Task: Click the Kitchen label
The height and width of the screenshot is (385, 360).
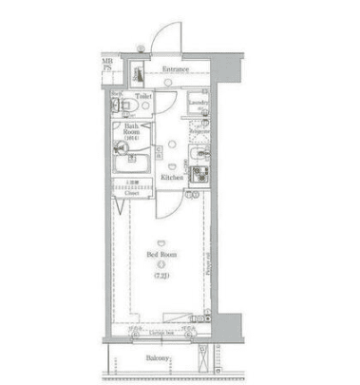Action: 171,178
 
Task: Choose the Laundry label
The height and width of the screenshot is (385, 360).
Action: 198,102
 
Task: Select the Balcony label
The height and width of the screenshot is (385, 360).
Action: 158,358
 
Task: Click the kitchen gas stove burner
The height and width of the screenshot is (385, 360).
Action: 200,174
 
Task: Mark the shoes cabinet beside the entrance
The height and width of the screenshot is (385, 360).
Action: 136,74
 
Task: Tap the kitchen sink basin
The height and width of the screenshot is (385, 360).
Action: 199,154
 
